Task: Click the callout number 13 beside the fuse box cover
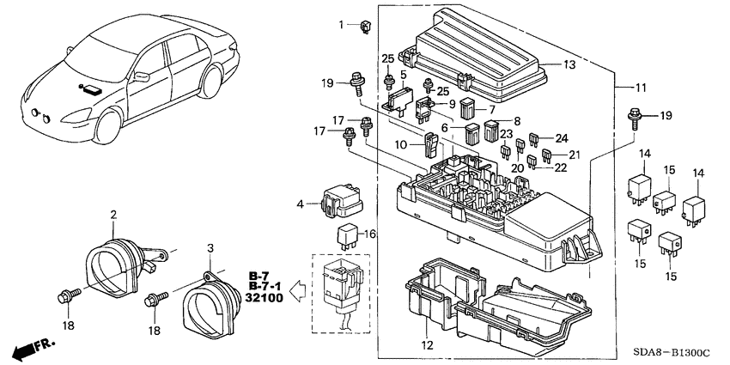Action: [569, 66]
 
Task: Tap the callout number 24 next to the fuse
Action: [561, 137]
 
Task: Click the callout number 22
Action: [561, 167]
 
